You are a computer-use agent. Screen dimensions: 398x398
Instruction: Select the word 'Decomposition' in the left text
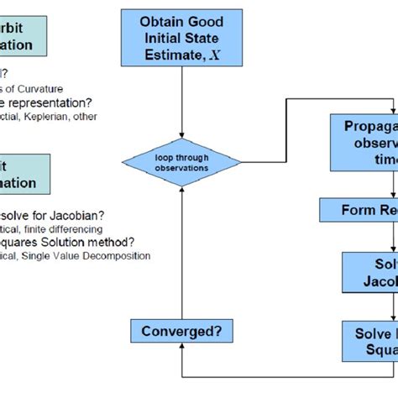(118, 255)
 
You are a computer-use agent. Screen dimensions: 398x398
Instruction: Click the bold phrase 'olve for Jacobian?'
(46, 215)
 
